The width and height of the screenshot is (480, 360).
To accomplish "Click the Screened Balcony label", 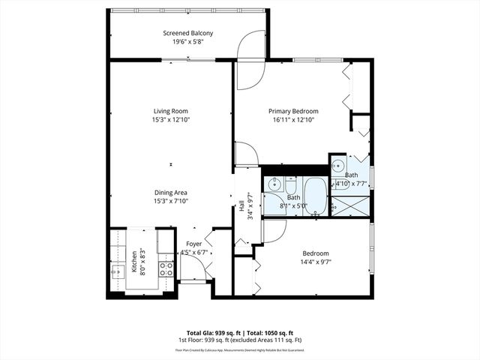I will click(188, 33).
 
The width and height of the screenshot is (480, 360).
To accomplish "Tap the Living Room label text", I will click(170, 111).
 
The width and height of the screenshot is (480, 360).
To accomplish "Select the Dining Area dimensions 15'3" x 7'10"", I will click(170, 201).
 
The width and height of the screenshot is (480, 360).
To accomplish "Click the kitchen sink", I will click(118, 271).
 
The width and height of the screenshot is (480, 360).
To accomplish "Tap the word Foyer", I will click(194, 243).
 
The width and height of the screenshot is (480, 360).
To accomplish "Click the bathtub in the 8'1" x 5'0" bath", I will click(316, 196).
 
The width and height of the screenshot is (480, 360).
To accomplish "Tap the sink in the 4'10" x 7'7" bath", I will click(337, 166).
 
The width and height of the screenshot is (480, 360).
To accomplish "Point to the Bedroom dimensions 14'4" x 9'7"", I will click(315, 262).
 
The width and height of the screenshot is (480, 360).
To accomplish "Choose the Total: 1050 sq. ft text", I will click(271, 333).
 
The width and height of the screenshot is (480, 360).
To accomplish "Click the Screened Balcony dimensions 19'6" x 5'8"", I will click(188, 42).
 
